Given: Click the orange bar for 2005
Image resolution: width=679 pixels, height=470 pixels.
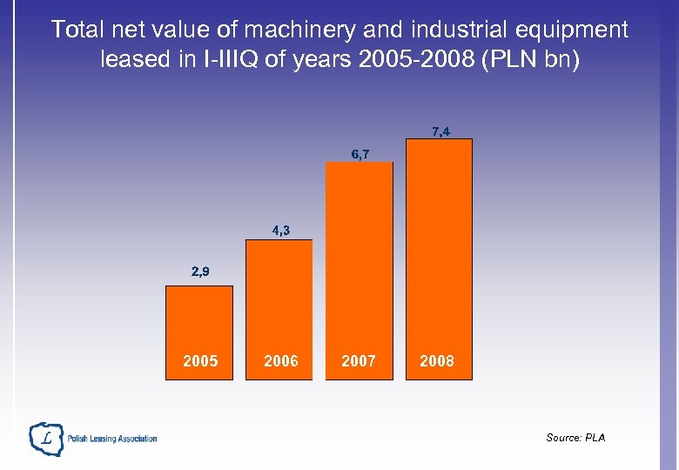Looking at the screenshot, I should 199,322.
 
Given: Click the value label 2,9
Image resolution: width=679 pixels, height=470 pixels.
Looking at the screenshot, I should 200,272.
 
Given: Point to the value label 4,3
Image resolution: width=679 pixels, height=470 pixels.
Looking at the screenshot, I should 280,231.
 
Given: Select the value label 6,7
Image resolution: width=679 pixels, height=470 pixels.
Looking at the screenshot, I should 360,154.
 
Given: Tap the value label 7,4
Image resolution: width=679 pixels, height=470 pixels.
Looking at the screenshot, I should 440,131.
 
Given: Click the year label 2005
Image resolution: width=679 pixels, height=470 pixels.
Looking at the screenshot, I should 200,361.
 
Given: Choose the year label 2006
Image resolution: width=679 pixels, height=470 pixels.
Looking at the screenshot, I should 280,361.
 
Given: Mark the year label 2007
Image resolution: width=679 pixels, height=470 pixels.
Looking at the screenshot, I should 359,361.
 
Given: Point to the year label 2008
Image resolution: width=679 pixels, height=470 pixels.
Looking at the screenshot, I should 437,361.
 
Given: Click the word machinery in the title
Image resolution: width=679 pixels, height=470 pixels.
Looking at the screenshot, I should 293,30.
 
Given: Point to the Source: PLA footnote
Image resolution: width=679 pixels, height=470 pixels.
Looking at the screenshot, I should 575,437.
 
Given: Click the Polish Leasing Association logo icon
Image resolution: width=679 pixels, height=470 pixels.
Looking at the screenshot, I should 46,439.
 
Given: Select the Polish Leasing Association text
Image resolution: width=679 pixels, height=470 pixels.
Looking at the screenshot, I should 112,439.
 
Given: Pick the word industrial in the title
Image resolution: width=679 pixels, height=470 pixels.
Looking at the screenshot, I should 454,30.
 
